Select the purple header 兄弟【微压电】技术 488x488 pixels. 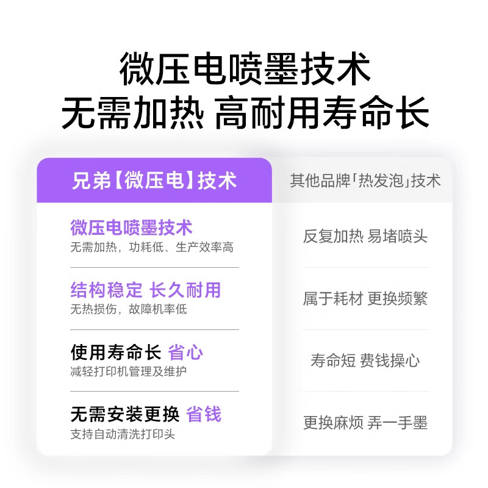(154, 181)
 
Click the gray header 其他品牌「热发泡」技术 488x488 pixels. (365, 181)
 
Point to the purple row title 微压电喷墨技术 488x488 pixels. (131, 228)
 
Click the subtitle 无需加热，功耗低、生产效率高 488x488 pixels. (152, 247)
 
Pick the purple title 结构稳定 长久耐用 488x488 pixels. (145, 290)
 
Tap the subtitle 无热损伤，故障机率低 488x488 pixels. (128, 309)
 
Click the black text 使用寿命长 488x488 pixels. (115, 352)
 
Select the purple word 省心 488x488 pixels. (185, 352)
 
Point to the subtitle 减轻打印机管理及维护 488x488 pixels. (128, 371)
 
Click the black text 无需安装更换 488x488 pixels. (124, 415)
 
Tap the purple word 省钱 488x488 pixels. (204, 415)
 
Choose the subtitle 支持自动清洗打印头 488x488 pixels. (123, 434)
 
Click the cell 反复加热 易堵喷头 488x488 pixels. (365, 237)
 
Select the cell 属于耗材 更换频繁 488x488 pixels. (365, 299)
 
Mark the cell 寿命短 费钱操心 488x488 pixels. (365, 361)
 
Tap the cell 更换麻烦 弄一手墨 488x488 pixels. (365, 423)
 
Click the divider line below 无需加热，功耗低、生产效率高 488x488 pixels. (154, 267)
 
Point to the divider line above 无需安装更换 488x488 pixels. (154, 392)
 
